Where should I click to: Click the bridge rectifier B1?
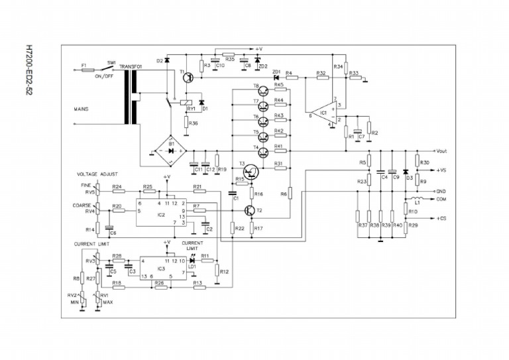170,150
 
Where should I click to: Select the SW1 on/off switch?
111,66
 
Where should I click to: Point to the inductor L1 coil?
416,198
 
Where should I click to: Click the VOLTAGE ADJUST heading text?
97,174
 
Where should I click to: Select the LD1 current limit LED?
192,261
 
